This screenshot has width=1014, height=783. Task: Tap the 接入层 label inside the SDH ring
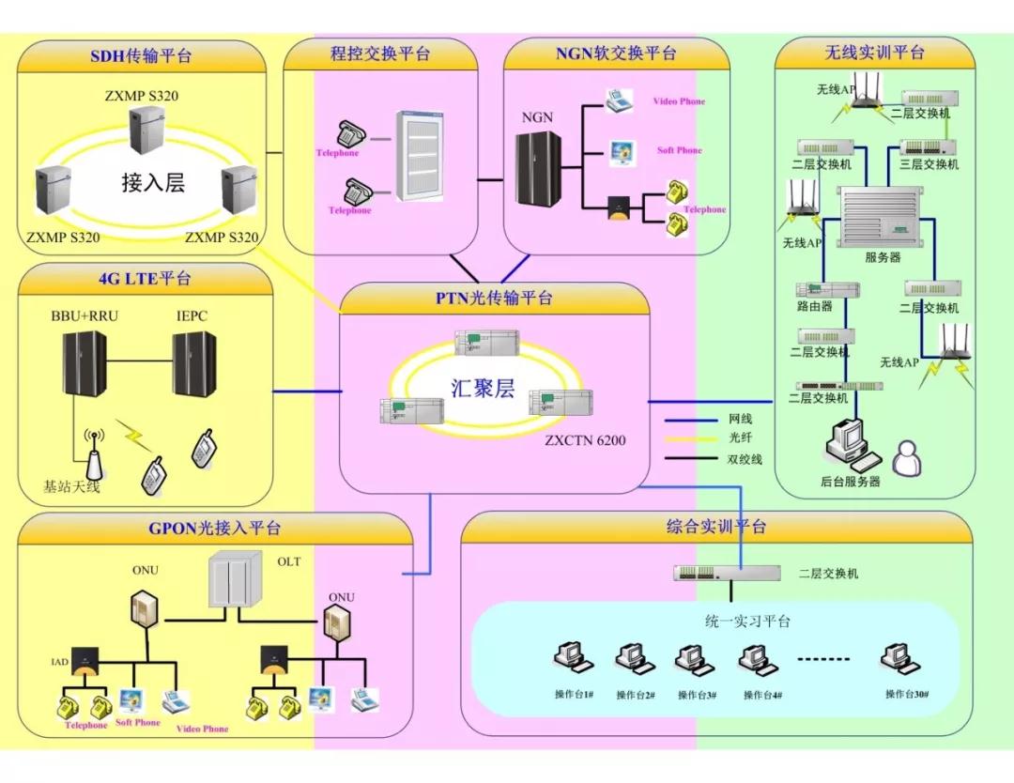click(x=153, y=182)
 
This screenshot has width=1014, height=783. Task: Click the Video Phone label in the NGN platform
click(x=679, y=101)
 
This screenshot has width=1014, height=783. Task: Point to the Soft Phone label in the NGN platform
click(x=679, y=150)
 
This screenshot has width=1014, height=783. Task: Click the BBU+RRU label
click(x=84, y=316)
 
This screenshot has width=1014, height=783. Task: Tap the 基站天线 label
click(x=71, y=487)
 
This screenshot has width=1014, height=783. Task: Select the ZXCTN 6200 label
click(x=585, y=440)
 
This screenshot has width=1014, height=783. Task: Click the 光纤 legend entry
click(x=740, y=438)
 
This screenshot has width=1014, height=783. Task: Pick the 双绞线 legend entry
click(x=745, y=459)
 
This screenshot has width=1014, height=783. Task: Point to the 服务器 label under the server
click(x=882, y=257)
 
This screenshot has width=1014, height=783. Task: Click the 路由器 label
click(x=814, y=307)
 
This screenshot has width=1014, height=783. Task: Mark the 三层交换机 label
click(x=929, y=164)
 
